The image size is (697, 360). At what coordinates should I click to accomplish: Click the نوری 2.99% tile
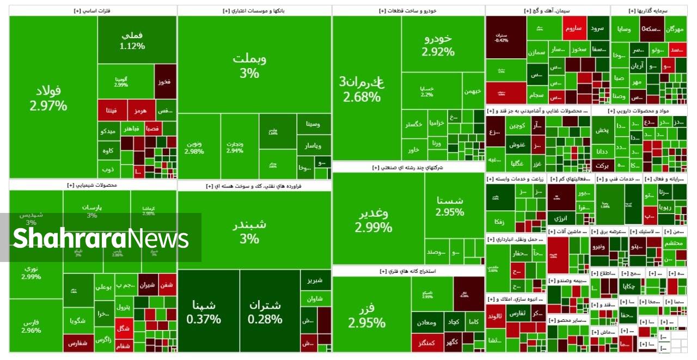pyautogui.click(x=32, y=272)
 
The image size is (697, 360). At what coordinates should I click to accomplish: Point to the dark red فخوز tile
pyautogui.click(x=165, y=82)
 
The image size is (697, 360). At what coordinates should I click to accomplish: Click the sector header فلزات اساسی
pyautogui.click(x=93, y=10)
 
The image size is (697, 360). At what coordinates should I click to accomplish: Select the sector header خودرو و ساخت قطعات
pyautogui.click(x=408, y=10)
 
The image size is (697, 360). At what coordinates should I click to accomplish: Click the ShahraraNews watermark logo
pyautogui.click(x=101, y=238)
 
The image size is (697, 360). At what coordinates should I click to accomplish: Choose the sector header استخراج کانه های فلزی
pyautogui.click(x=408, y=271)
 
